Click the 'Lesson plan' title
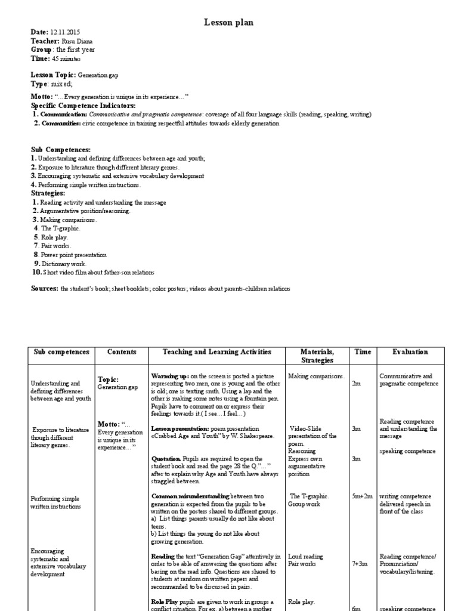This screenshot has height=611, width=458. (229, 22)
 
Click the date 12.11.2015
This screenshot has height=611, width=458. (64, 32)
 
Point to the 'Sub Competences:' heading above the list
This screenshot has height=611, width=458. (61, 149)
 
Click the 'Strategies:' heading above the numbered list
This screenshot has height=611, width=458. (48, 193)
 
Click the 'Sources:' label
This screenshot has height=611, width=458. (44, 288)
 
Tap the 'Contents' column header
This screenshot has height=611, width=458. (122, 352)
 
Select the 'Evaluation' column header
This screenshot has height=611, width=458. (410, 352)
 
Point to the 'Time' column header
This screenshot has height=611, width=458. (363, 352)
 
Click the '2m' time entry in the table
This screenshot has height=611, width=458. (356, 384)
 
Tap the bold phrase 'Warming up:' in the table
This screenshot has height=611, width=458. (171, 377)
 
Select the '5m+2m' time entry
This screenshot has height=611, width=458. (362, 496)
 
